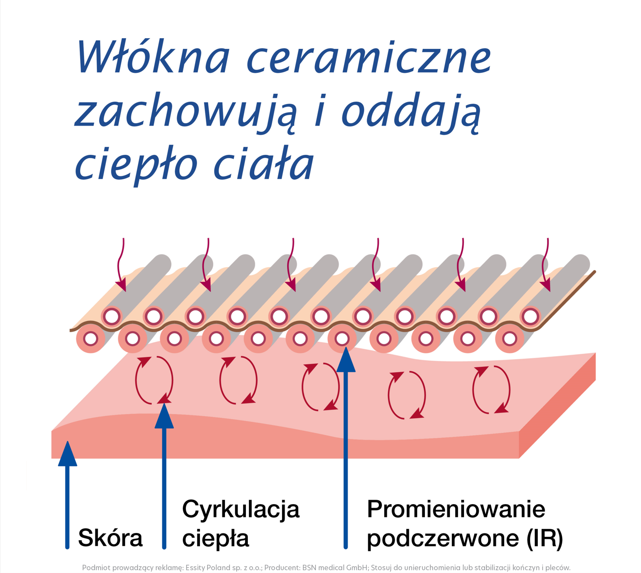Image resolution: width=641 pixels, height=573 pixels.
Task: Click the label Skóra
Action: pos(111,538)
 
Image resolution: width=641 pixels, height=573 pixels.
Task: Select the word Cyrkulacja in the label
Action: pos(241,509)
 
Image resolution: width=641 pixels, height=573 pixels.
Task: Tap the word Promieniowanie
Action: pos(456,509)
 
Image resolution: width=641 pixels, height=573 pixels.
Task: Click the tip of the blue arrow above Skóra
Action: pos(67,445)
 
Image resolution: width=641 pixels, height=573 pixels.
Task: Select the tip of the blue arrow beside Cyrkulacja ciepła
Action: pos(164,406)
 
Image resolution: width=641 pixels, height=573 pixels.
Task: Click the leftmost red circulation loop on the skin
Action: pos(154,381)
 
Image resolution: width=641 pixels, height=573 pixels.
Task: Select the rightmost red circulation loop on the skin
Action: pos(491,389)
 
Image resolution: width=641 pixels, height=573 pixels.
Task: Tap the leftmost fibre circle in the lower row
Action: pos(91,339)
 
